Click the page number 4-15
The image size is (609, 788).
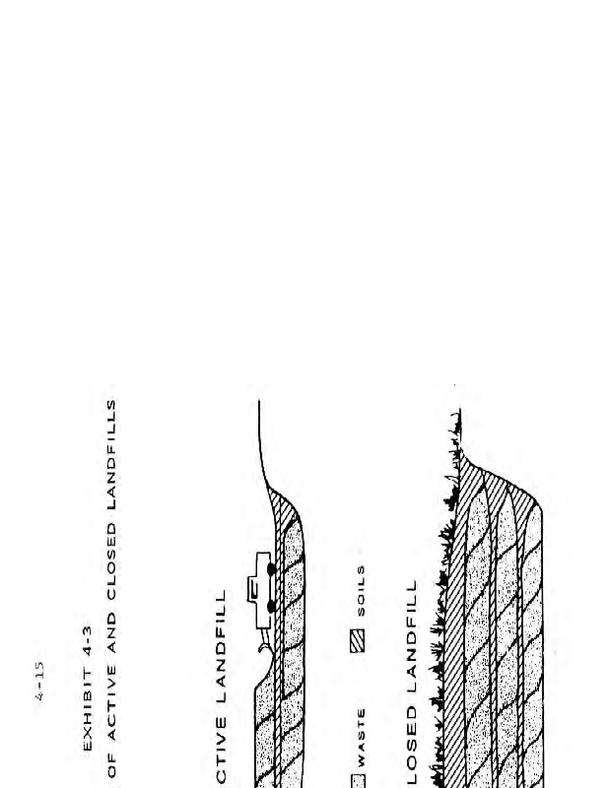click(39, 681)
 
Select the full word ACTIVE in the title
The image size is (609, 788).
click(112, 712)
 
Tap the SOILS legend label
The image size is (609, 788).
click(361, 588)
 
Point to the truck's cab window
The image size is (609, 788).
click(253, 587)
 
